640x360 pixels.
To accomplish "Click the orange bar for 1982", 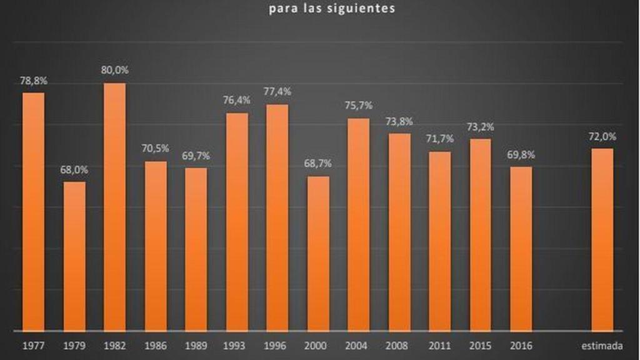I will click(x=114, y=206).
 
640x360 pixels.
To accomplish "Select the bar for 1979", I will click(x=74, y=256).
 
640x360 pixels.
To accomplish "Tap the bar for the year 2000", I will click(x=318, y=253).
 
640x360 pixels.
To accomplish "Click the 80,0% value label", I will click(x=114, y=71).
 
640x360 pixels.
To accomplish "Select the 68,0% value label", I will click(x=74, y=169).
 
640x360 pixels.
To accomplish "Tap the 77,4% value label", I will click(x=277, y=92).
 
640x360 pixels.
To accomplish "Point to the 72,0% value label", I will click(x=602, y=136).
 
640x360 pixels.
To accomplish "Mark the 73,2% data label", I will click(x=480, y=126).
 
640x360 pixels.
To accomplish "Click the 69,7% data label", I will click(x=196, y=156).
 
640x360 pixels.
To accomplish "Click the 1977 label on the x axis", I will click(x=33, y=346).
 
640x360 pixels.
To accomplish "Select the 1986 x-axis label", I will click(x=156, y=346).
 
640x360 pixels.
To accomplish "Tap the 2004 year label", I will click(x=358, y=346).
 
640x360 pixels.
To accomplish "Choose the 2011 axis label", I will click(x=439, y=346).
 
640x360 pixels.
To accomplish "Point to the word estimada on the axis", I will click(x=602, y=346).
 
